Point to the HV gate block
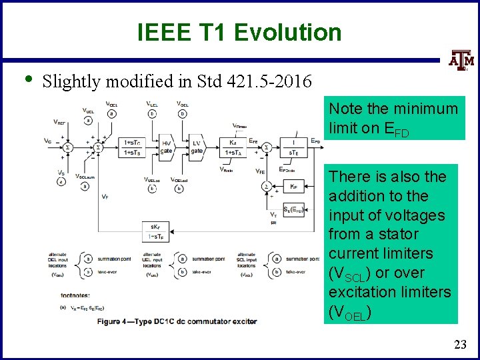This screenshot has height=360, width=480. pos(167,147)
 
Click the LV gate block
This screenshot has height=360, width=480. pos(197,147)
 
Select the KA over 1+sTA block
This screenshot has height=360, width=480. pos(233,147)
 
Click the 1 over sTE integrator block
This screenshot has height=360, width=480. pos(293,147)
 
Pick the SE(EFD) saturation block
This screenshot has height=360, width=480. pos(294,209)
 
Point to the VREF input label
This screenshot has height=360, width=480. pos(61,122)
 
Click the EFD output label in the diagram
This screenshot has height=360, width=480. pos(316,141)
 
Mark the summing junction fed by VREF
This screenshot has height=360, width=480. pos(67,147)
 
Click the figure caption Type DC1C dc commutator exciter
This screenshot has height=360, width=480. pos(177,322)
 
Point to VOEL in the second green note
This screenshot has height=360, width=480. pos(348,312)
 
